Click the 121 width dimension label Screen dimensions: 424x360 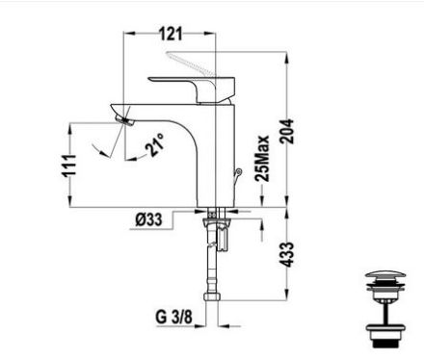(x=171, y=34)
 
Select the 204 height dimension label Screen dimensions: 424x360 (x=286, y=131)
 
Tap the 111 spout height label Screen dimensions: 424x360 (x=69, y=166)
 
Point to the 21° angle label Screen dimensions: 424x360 (x=155, y=144)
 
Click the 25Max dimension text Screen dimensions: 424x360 (x=262, y=158)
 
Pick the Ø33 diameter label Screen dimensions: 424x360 (x=148, y=219)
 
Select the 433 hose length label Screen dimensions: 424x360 (x=286, y=254)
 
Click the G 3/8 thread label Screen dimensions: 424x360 (x=173, y=317)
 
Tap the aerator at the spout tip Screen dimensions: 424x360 (x=124, y=121)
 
